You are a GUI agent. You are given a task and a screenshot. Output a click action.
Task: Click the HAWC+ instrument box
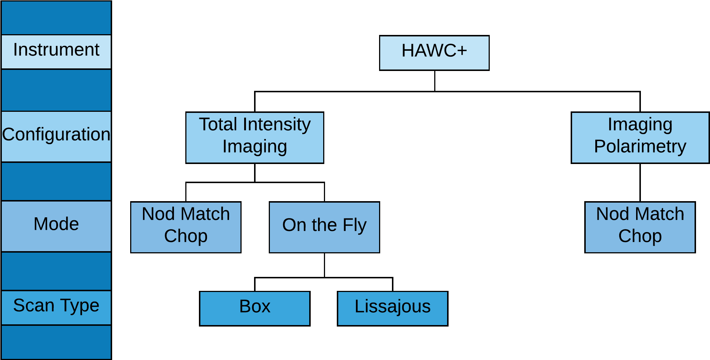coord(434,53)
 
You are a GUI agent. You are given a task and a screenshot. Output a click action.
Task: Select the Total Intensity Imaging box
coord(254,138)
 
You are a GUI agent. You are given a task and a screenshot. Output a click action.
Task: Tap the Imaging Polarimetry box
coord(640,138)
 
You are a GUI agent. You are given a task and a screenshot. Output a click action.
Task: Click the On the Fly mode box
coord(324,227)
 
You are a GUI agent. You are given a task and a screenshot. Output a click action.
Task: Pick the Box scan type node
coord(254,308)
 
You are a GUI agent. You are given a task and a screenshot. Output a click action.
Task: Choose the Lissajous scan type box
coord(392,308)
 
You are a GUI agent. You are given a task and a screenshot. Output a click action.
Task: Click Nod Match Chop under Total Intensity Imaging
coord(186,227)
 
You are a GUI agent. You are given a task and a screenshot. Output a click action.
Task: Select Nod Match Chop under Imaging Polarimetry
coord(640,227)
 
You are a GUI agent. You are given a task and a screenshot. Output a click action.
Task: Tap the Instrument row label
coord(56,51)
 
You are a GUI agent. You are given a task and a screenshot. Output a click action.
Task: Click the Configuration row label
coord(56,136)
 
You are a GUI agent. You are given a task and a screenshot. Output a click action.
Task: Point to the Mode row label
coord(56,226)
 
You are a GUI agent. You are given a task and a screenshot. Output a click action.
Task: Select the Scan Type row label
coord(56,307)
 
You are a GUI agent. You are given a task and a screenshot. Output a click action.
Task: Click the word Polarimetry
coord(640,147)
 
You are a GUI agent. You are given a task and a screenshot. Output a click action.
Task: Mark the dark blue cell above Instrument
coord(56,18)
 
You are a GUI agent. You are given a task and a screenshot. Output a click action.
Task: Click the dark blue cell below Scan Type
coord(56,342)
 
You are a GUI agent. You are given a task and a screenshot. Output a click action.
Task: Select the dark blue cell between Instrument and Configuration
coord(56,90)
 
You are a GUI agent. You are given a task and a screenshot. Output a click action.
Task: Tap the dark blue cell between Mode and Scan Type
coord(56,271)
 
